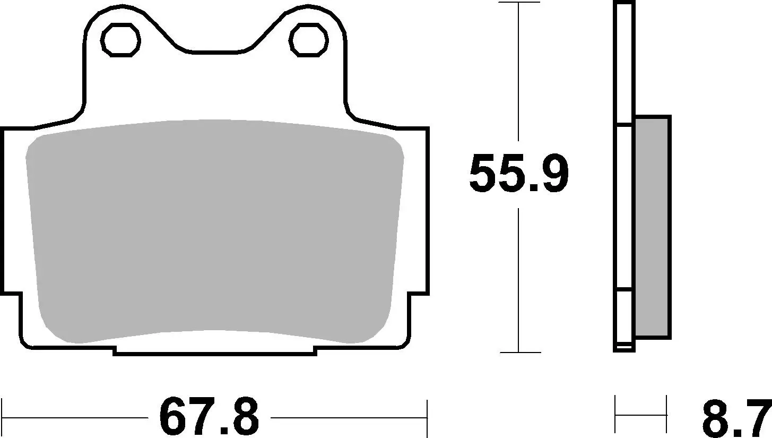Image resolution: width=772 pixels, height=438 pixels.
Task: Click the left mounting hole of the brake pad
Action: point(121,40)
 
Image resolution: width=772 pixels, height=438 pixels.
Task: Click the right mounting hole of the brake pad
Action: point(308,40)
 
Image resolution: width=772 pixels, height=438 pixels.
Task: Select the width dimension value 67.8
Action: point(209,417)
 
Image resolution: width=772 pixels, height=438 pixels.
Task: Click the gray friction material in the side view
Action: point(652,227)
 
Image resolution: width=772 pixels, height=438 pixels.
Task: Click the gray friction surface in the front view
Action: point(215,228)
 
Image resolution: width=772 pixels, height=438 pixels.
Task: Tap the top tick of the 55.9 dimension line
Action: point(518,3)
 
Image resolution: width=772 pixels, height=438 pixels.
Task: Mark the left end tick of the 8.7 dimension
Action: point(615,414)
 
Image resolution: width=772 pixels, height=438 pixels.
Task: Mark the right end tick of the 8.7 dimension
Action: point(666,414)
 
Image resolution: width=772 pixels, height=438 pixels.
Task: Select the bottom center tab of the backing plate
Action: point(215,350)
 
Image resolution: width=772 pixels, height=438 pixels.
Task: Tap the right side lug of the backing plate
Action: point(419,212)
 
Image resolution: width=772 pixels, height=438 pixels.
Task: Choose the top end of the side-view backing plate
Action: point(624,4)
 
